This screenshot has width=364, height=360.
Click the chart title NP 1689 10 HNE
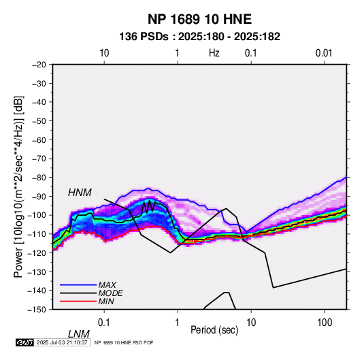(x=199, y=19)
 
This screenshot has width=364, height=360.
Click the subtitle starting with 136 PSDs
(x=199, y=37)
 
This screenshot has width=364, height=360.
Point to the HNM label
(x=80, y=193)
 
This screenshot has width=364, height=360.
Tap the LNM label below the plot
(x=78, y=334)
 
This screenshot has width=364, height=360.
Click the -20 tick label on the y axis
(x=39, y=65)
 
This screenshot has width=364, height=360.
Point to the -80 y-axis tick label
(x=39, y=178)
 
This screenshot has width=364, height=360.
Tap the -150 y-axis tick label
(x=37, y=310)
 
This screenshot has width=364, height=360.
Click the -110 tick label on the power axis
(x=37, y=234)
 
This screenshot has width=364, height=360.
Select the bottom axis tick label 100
(x=325, y=323)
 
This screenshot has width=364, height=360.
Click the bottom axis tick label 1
(x=178, y=323)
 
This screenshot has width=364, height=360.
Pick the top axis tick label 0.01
(x=324, y=53)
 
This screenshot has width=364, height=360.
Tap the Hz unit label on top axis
(x=214, y=53)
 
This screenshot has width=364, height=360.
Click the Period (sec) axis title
(x=214, y=330)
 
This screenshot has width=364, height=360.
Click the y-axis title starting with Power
(x=18, y=186)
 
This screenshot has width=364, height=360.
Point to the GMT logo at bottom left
(x=25, y=342)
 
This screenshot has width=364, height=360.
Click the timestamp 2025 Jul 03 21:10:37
(x=62, y=342)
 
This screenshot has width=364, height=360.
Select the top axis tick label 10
(x=104, y=53)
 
